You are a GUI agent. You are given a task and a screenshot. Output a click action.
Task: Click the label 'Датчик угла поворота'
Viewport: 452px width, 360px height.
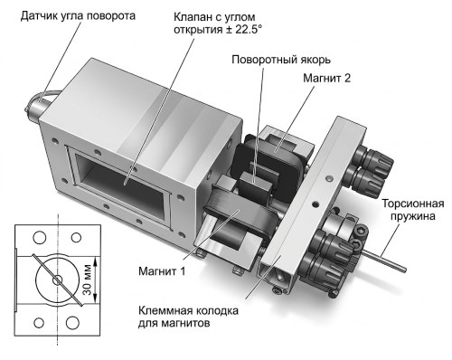(78, 16)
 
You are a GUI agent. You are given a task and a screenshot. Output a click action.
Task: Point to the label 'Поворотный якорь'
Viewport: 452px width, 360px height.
(281, 60)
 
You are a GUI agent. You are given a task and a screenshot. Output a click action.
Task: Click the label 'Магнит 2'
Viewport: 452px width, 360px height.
(326, 79)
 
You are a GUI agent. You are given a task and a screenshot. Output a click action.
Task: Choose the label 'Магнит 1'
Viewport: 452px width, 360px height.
(162, 271)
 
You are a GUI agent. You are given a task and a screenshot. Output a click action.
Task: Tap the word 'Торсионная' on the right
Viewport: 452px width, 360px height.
(413, 204)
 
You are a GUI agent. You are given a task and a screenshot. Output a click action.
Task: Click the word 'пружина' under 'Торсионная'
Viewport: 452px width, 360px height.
(413, 216)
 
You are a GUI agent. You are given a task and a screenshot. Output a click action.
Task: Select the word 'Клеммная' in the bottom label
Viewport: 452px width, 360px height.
(164, 310)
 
